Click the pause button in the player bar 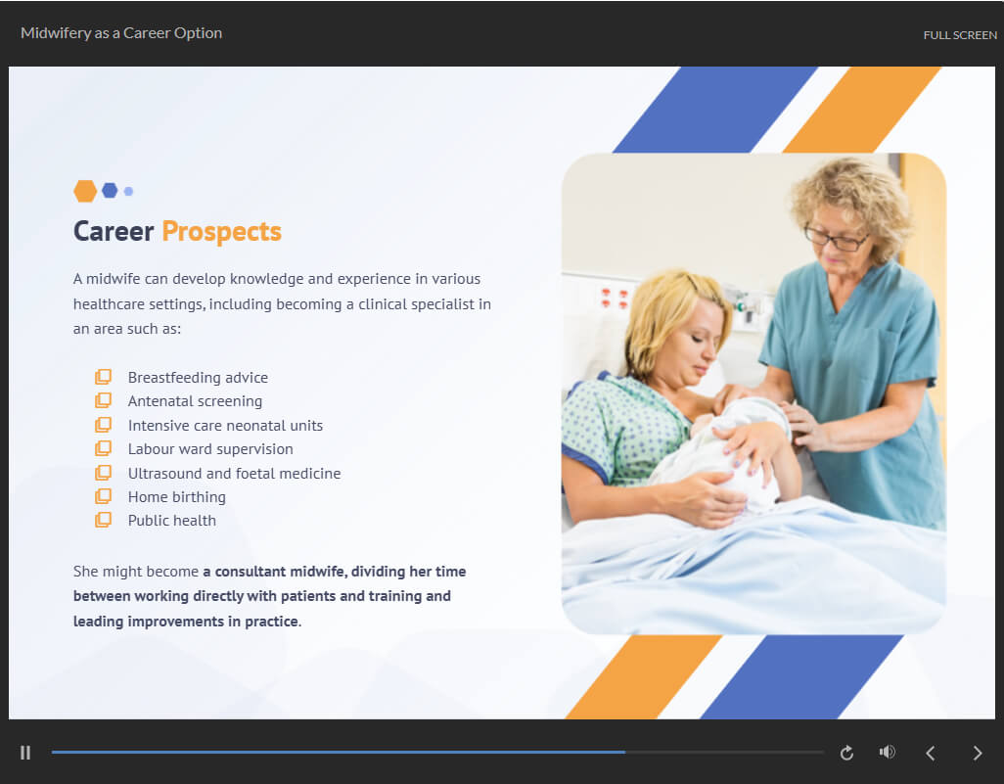click(25, 753)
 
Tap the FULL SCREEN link click(960, 35)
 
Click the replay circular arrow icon click(846, 753)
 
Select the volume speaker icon click(887, 752)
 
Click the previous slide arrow click(931, 754)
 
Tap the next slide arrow click(978, 754)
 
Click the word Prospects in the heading click(221, 232)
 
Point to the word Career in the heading click(114, 231)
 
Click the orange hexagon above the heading click(85, 191)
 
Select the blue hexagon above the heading click(111, 190)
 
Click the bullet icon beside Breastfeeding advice click(103, 377)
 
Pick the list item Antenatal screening click(196, 401)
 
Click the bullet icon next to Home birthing click(103, 496)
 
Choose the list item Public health click(172, 521)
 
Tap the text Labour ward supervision click(210, 449)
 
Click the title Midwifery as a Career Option click(121, 33)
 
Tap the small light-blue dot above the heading click(129, 191)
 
